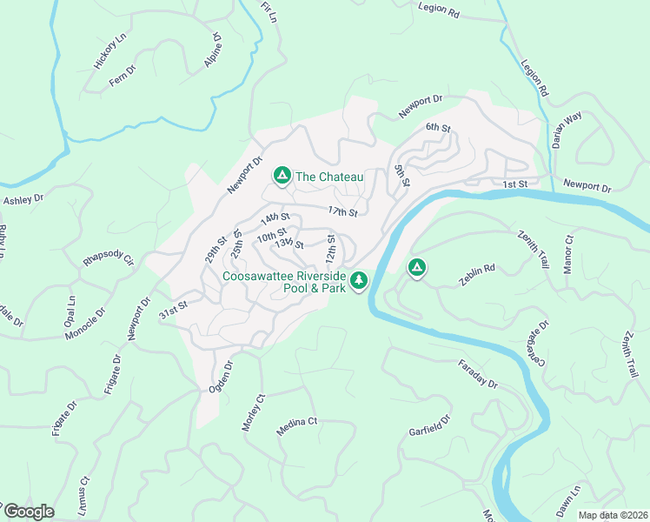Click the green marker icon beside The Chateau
282,177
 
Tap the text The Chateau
329,177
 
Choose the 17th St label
343,211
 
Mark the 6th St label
438,128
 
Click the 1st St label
515,184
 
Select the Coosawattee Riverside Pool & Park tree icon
359,280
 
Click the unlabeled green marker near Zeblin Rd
417,268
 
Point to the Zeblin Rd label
477,270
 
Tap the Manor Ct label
568,254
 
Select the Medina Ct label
297,425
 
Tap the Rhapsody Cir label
109,260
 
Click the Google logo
29,512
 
